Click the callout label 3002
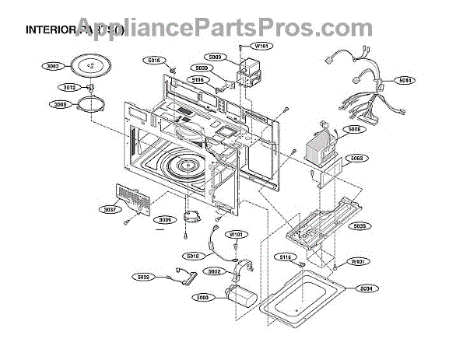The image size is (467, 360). [x=53, y=68]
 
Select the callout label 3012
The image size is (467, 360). [x=69, y=87]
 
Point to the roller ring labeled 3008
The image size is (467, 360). [x=93, y=104]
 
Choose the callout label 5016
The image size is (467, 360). [x=153, y=60]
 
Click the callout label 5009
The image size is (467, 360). [x=216, y=57]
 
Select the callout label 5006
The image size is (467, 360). [x=354, y=129]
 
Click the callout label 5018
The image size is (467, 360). [x=193, y=256]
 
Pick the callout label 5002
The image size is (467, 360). [x=214, y=271]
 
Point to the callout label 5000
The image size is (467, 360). [x=202, y=296]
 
